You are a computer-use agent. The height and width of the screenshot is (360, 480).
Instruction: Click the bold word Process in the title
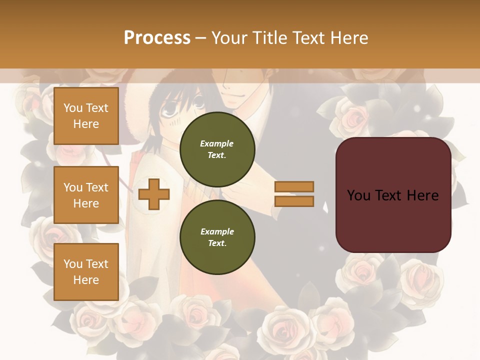click(x=157, y=38)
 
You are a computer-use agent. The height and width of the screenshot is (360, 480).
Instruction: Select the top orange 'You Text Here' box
click(x=86, y=116)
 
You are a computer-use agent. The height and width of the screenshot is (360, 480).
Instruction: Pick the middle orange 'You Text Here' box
click(x=86, y=195)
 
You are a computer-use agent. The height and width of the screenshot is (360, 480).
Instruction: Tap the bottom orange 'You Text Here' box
click(x=86, y=271)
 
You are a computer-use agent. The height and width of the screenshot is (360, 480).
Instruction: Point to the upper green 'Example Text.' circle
click(x=217, y=149)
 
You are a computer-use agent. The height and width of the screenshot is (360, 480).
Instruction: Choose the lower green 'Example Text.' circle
click(x=217, y=237)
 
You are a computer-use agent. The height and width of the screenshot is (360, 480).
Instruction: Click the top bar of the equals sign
click(x=294, y=186)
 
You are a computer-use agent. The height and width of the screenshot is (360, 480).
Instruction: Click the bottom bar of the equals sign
click(x=294, y=201)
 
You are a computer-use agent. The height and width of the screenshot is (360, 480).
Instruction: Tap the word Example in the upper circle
click(x=217, y=143)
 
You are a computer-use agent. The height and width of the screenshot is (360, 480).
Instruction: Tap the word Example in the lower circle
click(x=217, y=231)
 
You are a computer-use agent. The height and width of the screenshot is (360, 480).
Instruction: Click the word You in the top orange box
click(x=73, y=108)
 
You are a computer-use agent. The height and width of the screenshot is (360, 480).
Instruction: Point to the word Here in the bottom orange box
click(x=86, y=280)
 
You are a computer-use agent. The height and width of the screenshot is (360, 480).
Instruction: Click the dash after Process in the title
click(x=200, y=38)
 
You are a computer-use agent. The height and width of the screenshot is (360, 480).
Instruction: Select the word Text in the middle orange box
click(x=97, y=187)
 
